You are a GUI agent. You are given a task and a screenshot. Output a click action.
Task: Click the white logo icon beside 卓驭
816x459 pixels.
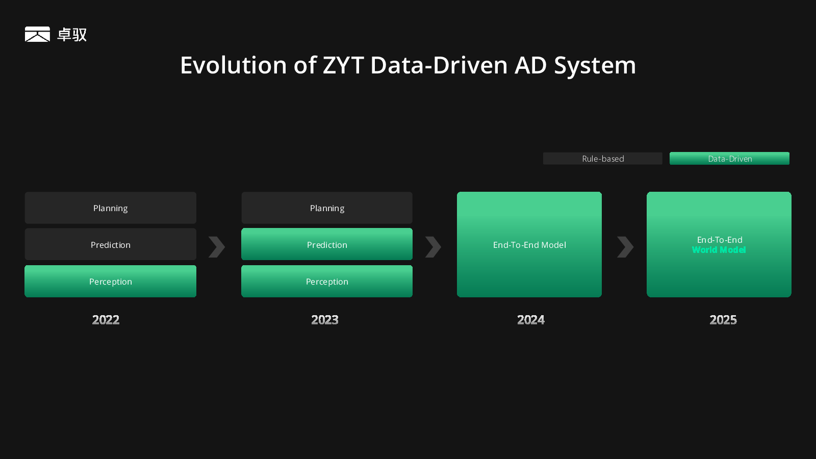37,34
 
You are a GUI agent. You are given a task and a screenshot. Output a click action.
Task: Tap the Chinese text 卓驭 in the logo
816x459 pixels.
72,35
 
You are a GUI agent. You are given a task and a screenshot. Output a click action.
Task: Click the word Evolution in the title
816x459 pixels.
234,65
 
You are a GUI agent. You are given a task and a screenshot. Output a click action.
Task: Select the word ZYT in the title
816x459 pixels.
343,65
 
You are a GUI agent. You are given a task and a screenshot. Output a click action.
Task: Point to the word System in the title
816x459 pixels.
595,66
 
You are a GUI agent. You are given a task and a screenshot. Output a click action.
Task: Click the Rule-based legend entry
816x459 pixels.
602,159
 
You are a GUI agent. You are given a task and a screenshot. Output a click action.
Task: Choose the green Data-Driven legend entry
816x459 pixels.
729,159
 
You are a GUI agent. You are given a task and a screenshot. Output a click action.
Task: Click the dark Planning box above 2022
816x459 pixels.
110,208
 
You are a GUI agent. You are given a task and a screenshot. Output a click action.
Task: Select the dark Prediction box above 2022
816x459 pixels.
110,244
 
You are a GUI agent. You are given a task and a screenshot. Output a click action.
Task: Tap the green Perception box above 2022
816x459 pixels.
110,281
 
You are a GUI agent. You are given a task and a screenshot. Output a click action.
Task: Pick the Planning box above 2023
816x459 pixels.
327,208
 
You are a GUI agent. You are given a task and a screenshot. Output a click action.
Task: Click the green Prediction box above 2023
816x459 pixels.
327,244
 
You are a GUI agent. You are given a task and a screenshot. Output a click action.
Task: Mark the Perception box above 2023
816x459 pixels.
327,281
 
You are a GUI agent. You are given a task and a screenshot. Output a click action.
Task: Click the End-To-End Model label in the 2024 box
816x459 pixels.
529,245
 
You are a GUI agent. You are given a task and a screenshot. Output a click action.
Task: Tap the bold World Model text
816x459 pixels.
719,250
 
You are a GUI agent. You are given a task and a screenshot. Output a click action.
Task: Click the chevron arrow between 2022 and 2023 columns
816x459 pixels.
217,247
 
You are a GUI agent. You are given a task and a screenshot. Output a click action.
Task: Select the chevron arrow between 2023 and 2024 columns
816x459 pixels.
433,247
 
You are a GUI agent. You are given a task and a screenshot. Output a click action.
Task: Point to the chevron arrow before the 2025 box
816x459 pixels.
625,247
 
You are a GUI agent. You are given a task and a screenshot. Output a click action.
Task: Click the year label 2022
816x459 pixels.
106,320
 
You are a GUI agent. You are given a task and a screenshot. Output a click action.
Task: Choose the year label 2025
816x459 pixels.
723,320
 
